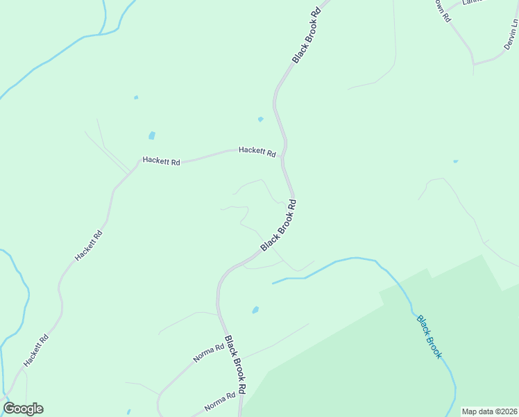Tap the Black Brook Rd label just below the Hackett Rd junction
click(x=279, y=226)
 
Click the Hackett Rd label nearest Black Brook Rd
click(x=257, y=151)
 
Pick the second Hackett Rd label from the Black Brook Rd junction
click(x=161, y=161)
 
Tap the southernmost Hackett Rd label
click(x=35, y=351)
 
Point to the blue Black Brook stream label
click(x=429, y=337)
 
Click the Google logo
click(x=24, y=409)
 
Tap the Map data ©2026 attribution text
click(x=489, y=411)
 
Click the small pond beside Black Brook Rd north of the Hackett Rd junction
click(x=260, y=120)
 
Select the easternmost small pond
click(x=455, y=161)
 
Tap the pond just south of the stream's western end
click(x=255, y=310)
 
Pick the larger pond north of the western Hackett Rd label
click(x=151, y=136)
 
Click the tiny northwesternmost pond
click(x=136, y=97)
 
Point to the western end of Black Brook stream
click(x=273, y=283)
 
